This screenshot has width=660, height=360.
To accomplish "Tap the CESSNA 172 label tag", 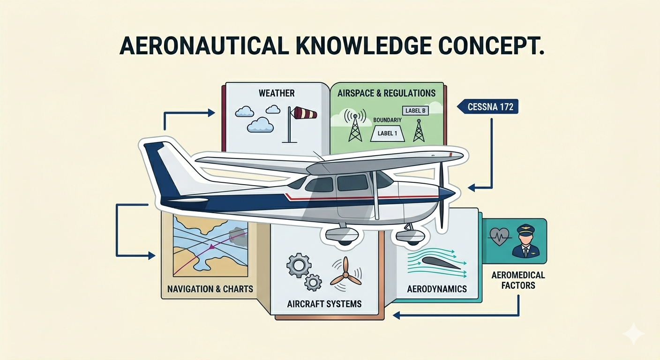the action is [x=487, y=106].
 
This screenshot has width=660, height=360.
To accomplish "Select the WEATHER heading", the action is [x=277, y=93].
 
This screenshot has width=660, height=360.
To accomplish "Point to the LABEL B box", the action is [x=415, y=111].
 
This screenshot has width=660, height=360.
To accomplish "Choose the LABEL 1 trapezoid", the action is [x=388, y=134].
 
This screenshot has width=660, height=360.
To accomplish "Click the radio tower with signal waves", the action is [x=355, y=125].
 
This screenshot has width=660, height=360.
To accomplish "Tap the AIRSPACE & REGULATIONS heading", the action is [x=386, y=93].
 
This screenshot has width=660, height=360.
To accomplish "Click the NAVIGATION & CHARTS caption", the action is [x=210, y=289].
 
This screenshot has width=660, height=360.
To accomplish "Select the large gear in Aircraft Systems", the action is [x=299, y=265].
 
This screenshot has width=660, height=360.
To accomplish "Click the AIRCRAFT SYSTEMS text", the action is [x=324, y=304].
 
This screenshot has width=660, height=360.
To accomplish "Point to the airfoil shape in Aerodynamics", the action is [x=441, y=262].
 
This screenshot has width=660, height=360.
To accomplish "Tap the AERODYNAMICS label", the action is [x=437, y=289].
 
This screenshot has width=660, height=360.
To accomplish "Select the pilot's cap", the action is [x=526, y=229].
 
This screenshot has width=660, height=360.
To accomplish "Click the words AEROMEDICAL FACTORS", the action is [x=518, y=280].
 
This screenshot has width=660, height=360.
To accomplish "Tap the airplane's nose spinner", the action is [x=448, y=193].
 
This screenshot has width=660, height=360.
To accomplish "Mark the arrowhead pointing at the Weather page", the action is [x=211, y=113].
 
